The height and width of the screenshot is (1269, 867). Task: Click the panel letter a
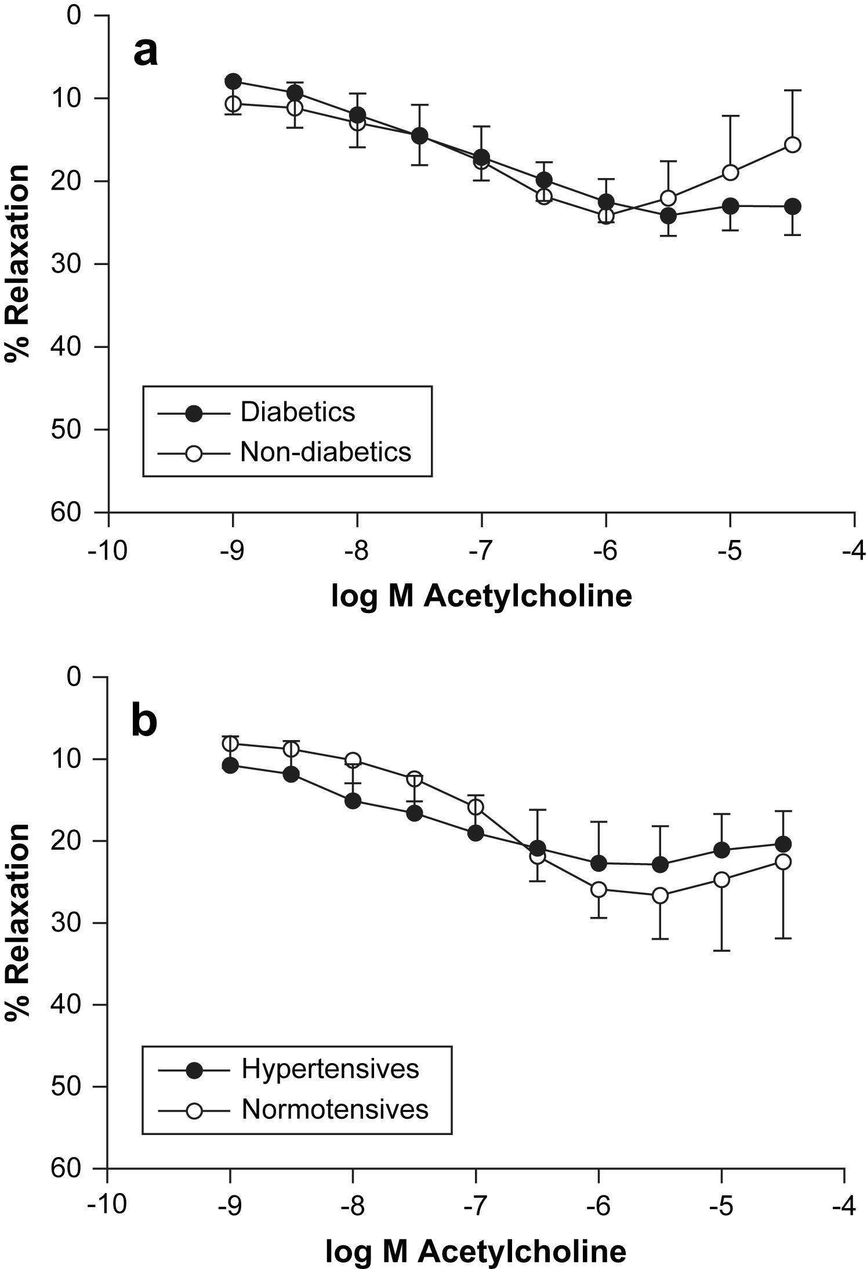click(x=146, y=54)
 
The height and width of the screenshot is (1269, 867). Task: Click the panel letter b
click(x=144, y=721)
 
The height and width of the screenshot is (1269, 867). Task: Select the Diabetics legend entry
click(x=298, y=412)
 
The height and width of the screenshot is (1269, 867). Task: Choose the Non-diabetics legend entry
click(x=325, y=451)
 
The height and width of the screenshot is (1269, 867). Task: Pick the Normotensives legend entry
click(x=335, y=1109)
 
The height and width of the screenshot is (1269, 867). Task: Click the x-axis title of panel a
click(x=481, y=596)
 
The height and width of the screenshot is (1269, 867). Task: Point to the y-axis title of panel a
click(x=18, y=264)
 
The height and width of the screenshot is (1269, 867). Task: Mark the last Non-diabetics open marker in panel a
click(x=792, y=144)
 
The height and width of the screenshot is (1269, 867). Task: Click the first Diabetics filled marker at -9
click(x=233, y=81)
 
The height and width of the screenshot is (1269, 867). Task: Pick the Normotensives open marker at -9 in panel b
click(x=231, y=744)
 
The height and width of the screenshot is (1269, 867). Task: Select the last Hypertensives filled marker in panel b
click(x=783, y=844)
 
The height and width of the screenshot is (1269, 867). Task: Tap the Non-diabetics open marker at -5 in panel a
click(x=731, y=172)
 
